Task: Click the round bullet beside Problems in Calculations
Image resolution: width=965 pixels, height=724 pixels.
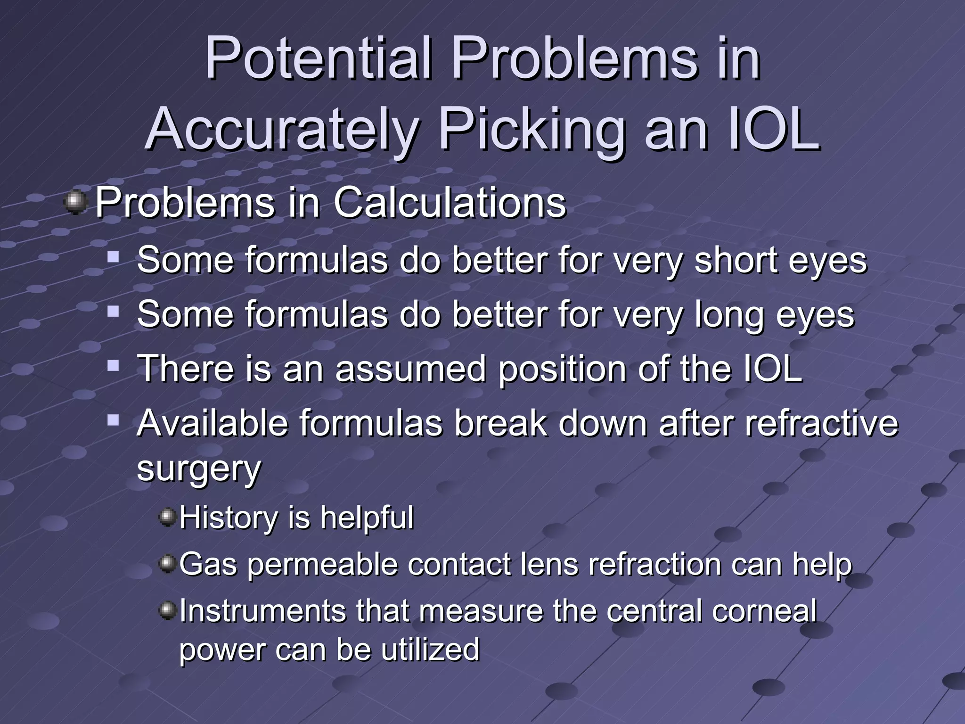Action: point(75,203)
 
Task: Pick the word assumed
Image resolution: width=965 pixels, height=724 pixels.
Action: point(410,369)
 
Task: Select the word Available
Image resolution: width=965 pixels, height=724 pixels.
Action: point(212,423)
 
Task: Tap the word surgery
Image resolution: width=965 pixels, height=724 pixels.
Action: point(198,469)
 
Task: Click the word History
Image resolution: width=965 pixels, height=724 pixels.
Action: point(229,518)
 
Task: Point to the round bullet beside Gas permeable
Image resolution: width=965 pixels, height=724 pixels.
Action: point(167,563)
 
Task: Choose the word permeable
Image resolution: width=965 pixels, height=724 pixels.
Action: point(323,565)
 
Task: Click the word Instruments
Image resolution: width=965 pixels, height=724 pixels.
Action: point(263,611)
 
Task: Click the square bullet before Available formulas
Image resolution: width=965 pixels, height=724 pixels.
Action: point(113,419)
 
